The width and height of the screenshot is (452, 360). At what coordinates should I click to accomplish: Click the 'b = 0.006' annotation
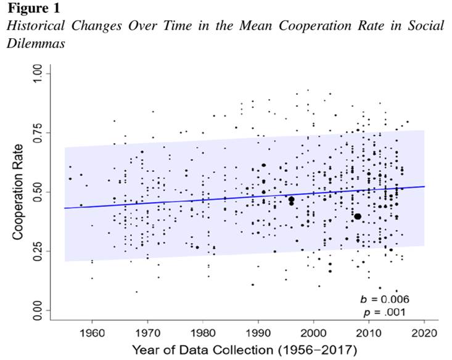tap(384, 299)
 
